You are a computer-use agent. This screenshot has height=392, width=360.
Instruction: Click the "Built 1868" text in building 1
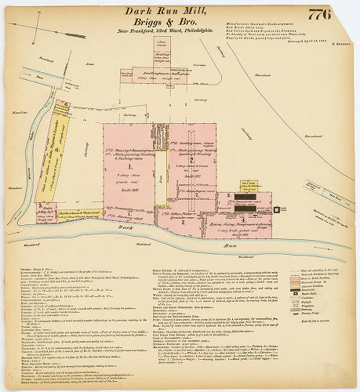tap(130, 191)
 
